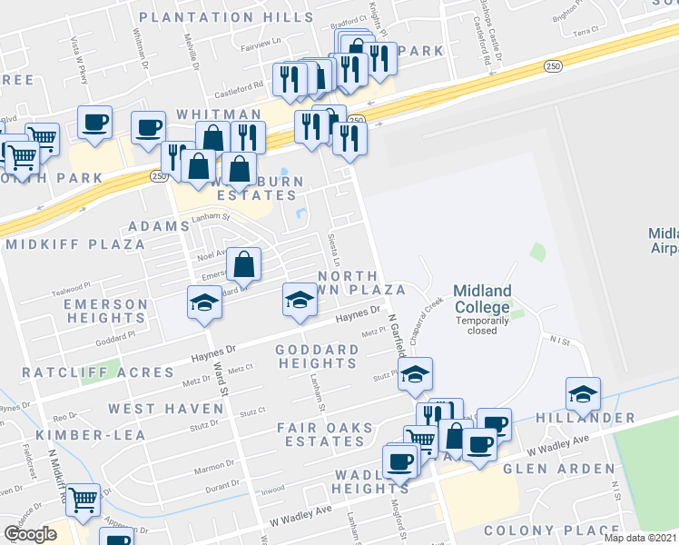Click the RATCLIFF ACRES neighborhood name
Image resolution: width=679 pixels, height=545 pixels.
(x=99, y=372)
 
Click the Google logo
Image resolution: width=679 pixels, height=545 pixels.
(x=30, y=534)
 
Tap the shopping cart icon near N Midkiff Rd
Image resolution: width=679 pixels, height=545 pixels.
(x=83, y=498)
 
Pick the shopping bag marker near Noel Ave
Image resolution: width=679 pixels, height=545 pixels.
(x=243, y=264)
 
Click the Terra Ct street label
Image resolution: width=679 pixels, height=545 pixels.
(x=586, y=30)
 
